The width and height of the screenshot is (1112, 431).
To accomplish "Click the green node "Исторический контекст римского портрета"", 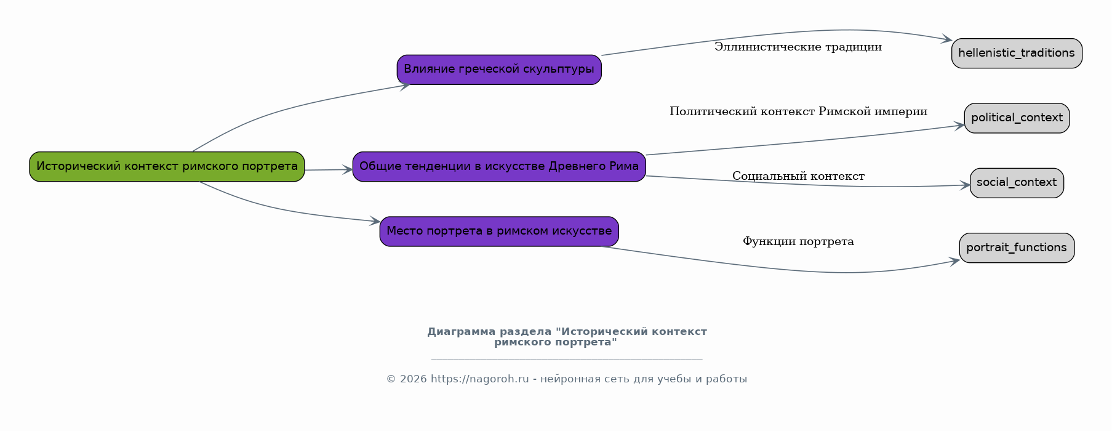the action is point(167,166).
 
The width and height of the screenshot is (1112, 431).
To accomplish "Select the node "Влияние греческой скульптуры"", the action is point(499,70).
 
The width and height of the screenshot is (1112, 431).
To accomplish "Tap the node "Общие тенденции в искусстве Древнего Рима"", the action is point(499,166).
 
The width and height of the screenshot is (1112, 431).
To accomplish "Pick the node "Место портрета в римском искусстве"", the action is point(499,232).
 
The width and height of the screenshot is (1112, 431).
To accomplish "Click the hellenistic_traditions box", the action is point(1017,54).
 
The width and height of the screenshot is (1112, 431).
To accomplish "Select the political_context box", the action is point(1017,118).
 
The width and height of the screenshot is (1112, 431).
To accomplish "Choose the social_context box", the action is point(1017,183).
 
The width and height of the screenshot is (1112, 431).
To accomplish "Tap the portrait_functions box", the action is point(1017,248).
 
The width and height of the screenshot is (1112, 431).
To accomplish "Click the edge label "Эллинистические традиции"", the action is point(798,47).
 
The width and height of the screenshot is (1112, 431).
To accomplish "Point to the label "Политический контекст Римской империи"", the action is point(798,111).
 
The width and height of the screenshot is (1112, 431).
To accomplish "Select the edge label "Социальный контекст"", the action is point(798,176).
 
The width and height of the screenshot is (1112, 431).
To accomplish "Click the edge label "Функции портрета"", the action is point(798,241).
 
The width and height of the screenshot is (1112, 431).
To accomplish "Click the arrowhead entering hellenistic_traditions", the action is point(946,39).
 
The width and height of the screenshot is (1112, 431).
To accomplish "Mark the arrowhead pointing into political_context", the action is point(959,126).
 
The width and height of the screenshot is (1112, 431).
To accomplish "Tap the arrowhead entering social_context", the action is point(964,185).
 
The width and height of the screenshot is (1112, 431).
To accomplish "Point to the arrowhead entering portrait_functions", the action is point(954,262).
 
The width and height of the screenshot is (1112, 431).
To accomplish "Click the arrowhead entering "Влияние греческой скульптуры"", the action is point(404,86).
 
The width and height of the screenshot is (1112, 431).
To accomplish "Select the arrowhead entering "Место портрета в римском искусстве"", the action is point(374,221).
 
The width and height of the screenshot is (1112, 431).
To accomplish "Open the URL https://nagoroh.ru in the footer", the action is point(480,379).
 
